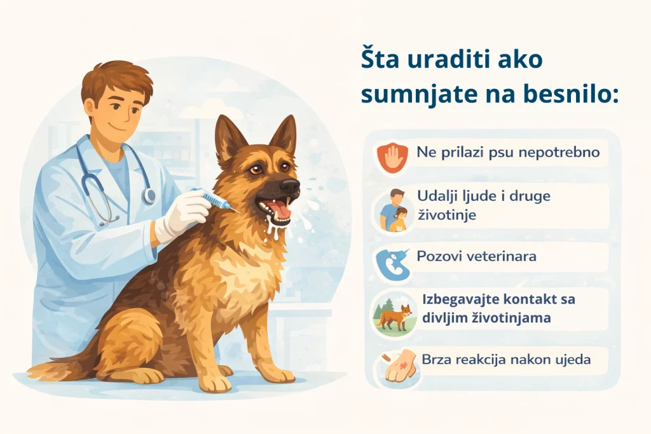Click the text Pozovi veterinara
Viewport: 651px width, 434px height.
coord(477,257)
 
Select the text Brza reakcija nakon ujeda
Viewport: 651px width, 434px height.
coord(504,360)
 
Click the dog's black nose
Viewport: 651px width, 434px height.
coord(290,186)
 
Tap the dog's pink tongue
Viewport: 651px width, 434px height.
coord(280,210)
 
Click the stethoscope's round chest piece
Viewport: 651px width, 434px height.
coord(149,196)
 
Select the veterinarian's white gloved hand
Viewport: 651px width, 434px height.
coord(179,214)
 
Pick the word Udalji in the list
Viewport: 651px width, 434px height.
coord(437,196)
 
